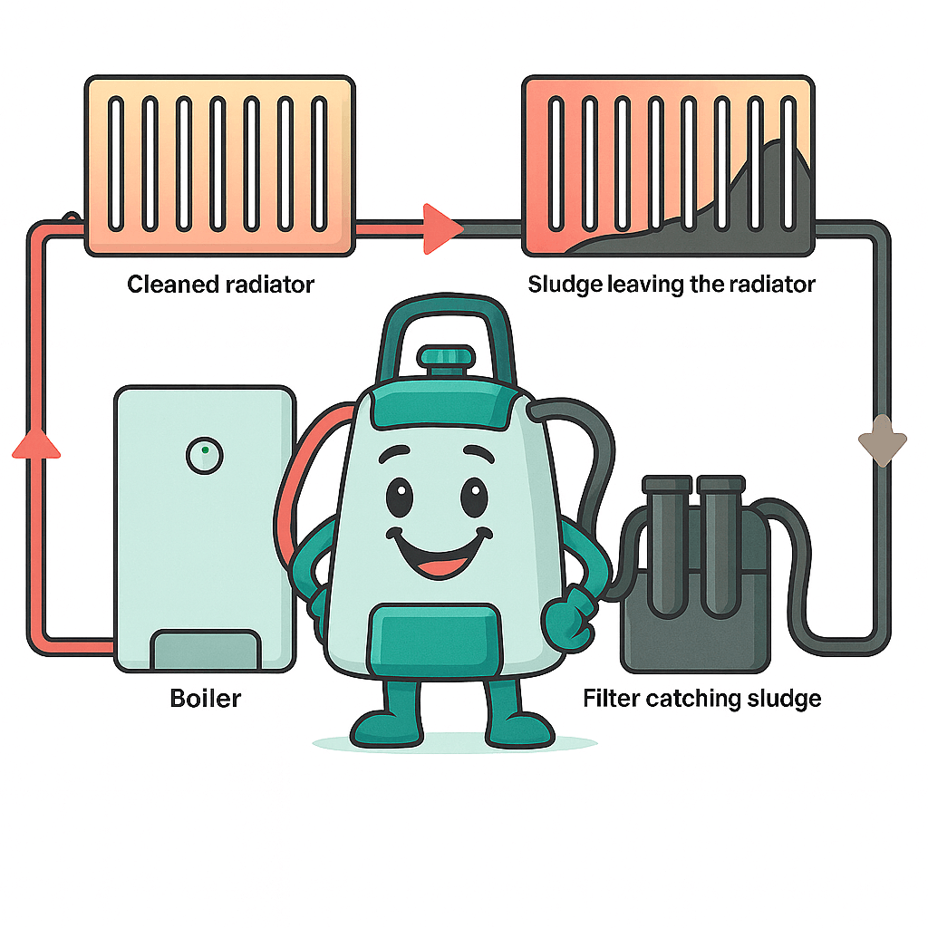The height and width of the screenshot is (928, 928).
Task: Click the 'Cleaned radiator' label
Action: pos(220,285)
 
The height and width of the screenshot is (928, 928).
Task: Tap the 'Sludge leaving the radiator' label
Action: pos(672,285)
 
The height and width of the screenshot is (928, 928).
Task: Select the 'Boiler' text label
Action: pos(206,699)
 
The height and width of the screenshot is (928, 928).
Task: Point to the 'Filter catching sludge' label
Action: pos(701,699)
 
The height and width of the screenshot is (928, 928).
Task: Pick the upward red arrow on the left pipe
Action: pos(37,443)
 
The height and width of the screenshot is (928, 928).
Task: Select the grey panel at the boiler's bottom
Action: pos(205,650)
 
